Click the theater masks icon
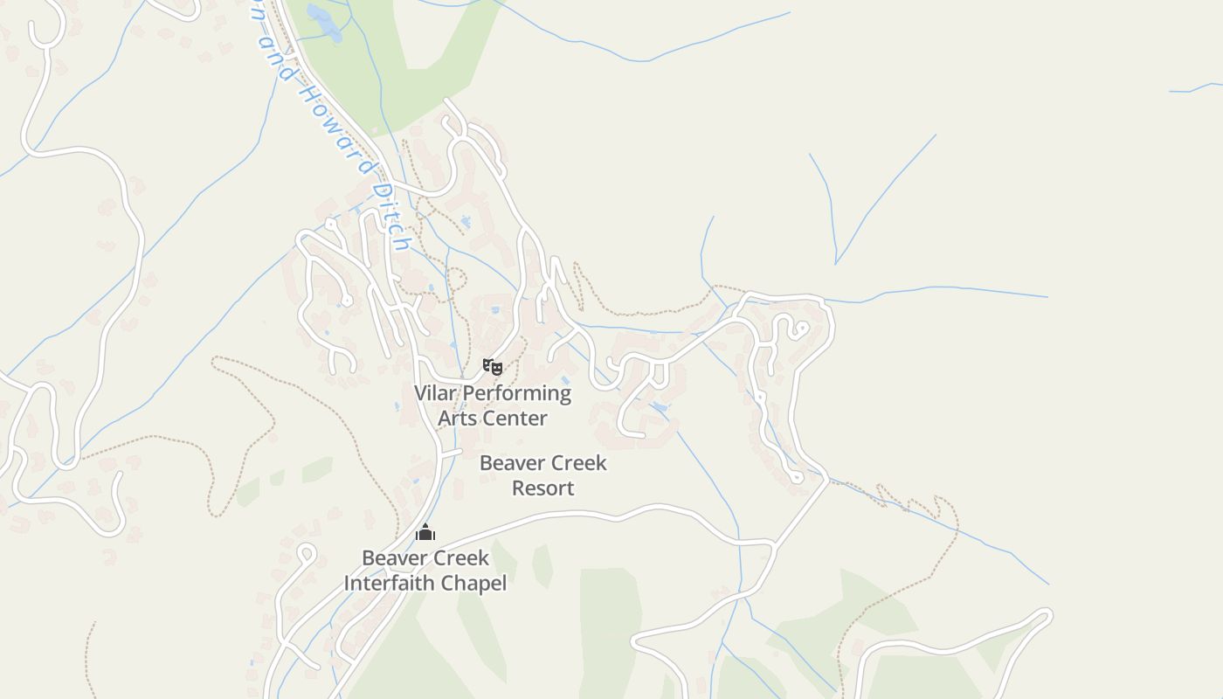pyautogui.click(x=493, y=367)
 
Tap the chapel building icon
pyautogui.click(x=425, y=531)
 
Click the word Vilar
pyautogui.click(x=435, y=393)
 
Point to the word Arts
pyautogui.click(x=456, y=418)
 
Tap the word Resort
pyautogui.click(x=542, y=488)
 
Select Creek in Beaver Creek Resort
pyautogui.click(x=577, y=463)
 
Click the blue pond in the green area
pyautogui.click(x=325, y=24)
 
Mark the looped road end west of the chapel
pyautogui.click(x=306, y=552)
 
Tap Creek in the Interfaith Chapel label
pyautogui.click(x=459, y=557)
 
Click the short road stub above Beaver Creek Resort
pyautogui.click(x=450, y=453)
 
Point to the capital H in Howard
pyautogui.click(x=308, y=91)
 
